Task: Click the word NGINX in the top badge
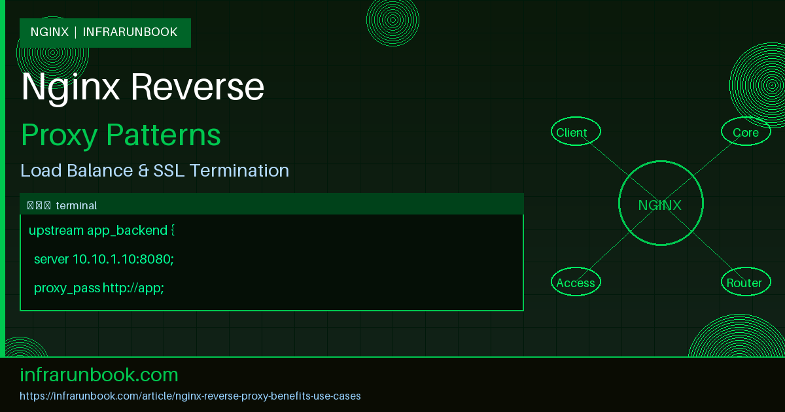(50, 32)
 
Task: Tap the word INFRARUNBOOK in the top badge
(130, 32)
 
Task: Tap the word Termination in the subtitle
(239, 171)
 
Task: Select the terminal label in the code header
(77, 205)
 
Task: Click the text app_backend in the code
(127, 230)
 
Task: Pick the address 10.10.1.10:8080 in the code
(122, 259)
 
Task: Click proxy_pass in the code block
(67, 288)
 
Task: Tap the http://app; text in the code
(133, 288)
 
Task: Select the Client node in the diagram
(572, 132)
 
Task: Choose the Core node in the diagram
(746, 132)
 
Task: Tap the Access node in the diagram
(576, 283)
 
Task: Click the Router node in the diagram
(744, 283)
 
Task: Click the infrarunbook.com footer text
(99, 375)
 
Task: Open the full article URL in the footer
(190, 396)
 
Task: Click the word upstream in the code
(56, 230)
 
